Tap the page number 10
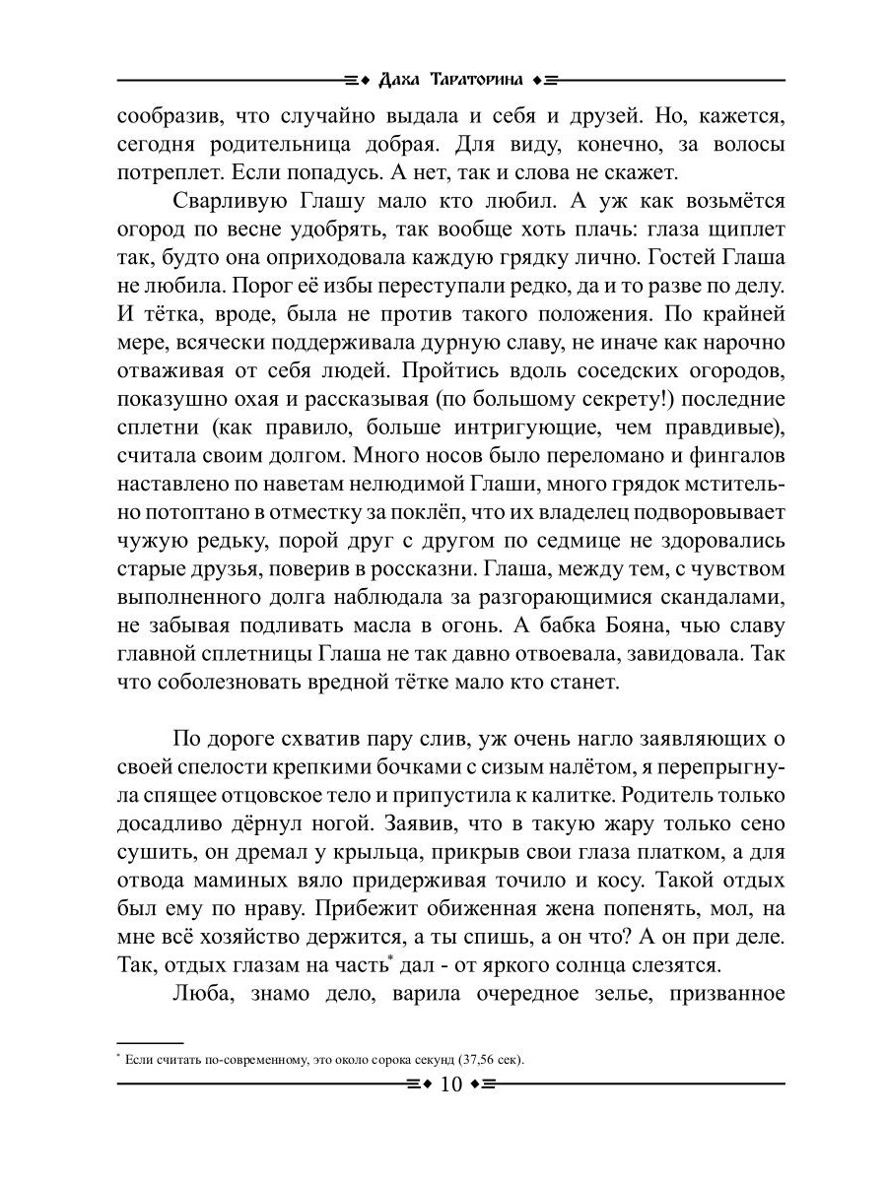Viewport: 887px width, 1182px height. pos(450,1084)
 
